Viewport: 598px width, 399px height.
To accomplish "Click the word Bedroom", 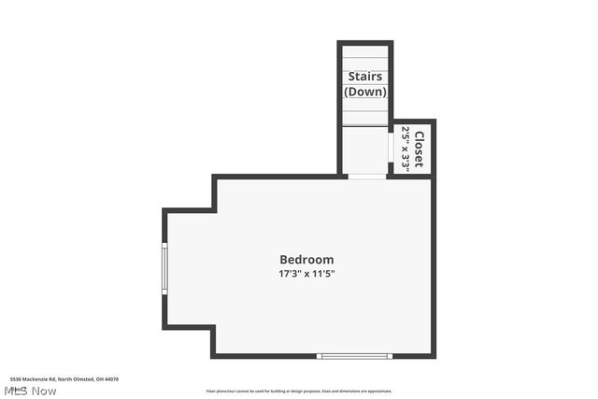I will (306, 259).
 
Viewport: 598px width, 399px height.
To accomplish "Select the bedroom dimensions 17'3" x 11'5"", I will (306, 274).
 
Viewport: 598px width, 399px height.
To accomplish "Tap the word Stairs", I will (364, 77).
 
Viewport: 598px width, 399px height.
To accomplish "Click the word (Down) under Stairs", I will (364, 92).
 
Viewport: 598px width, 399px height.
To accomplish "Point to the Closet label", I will (420, 148).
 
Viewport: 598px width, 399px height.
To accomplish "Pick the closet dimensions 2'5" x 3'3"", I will (406, 148).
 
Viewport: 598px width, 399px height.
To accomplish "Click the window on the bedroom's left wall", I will (164, 269).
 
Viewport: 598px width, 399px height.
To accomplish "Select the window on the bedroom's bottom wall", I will (354, 355).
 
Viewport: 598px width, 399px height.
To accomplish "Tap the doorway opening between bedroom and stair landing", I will (365, 176).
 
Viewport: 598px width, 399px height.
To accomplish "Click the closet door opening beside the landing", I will (390, 148).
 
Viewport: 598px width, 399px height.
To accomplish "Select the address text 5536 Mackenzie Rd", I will (33, 379).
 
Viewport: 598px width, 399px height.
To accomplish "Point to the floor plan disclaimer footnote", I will (299, 392).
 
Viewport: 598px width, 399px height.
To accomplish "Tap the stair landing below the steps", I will (364, 150).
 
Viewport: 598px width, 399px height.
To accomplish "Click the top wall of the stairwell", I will (364, 43).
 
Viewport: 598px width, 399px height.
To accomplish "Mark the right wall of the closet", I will (433, 148).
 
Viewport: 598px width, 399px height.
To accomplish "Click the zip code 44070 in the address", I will (112, 379).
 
